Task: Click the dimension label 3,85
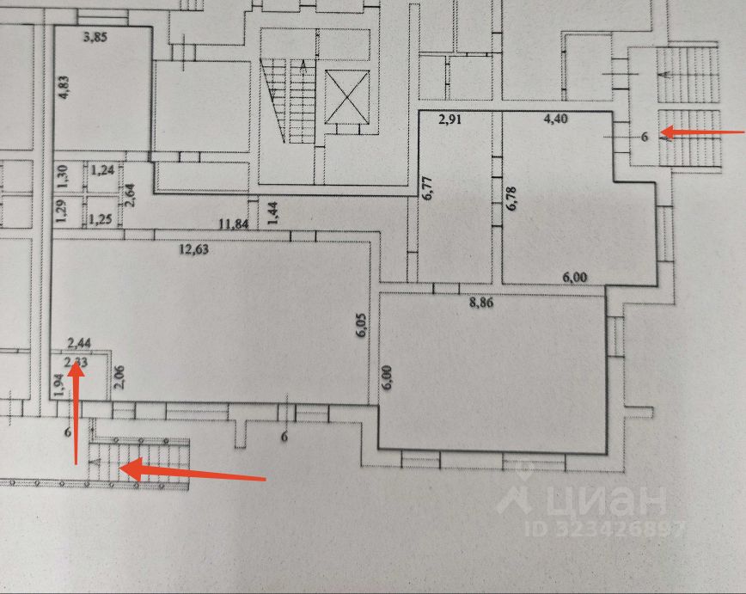pyautogui.click(x=99, y=37)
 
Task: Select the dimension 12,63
pyautogui.click(x=194, y=250)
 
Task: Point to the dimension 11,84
pyautogui.click(x=235, y=224)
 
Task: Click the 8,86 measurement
pyautogui.click(x=488, y=302)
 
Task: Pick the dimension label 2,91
pyautogui.click(x=450, y=120)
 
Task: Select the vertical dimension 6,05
pyautogui.click(x=362, y=328)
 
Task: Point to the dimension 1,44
pyautogui.click(x=273, y=211)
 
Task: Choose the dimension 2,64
pyautogui.click(x=130, y=198)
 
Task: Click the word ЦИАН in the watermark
pyautogui.click(x=602, y=499)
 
